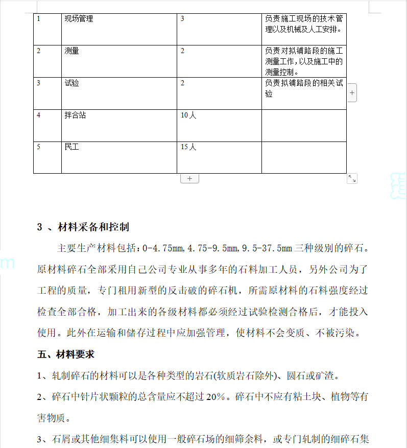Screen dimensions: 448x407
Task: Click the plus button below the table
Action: [x=189, y=178]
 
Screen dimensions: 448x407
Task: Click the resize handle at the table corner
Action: [x=352, y=178]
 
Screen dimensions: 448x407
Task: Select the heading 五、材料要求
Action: [x=66, y=354]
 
